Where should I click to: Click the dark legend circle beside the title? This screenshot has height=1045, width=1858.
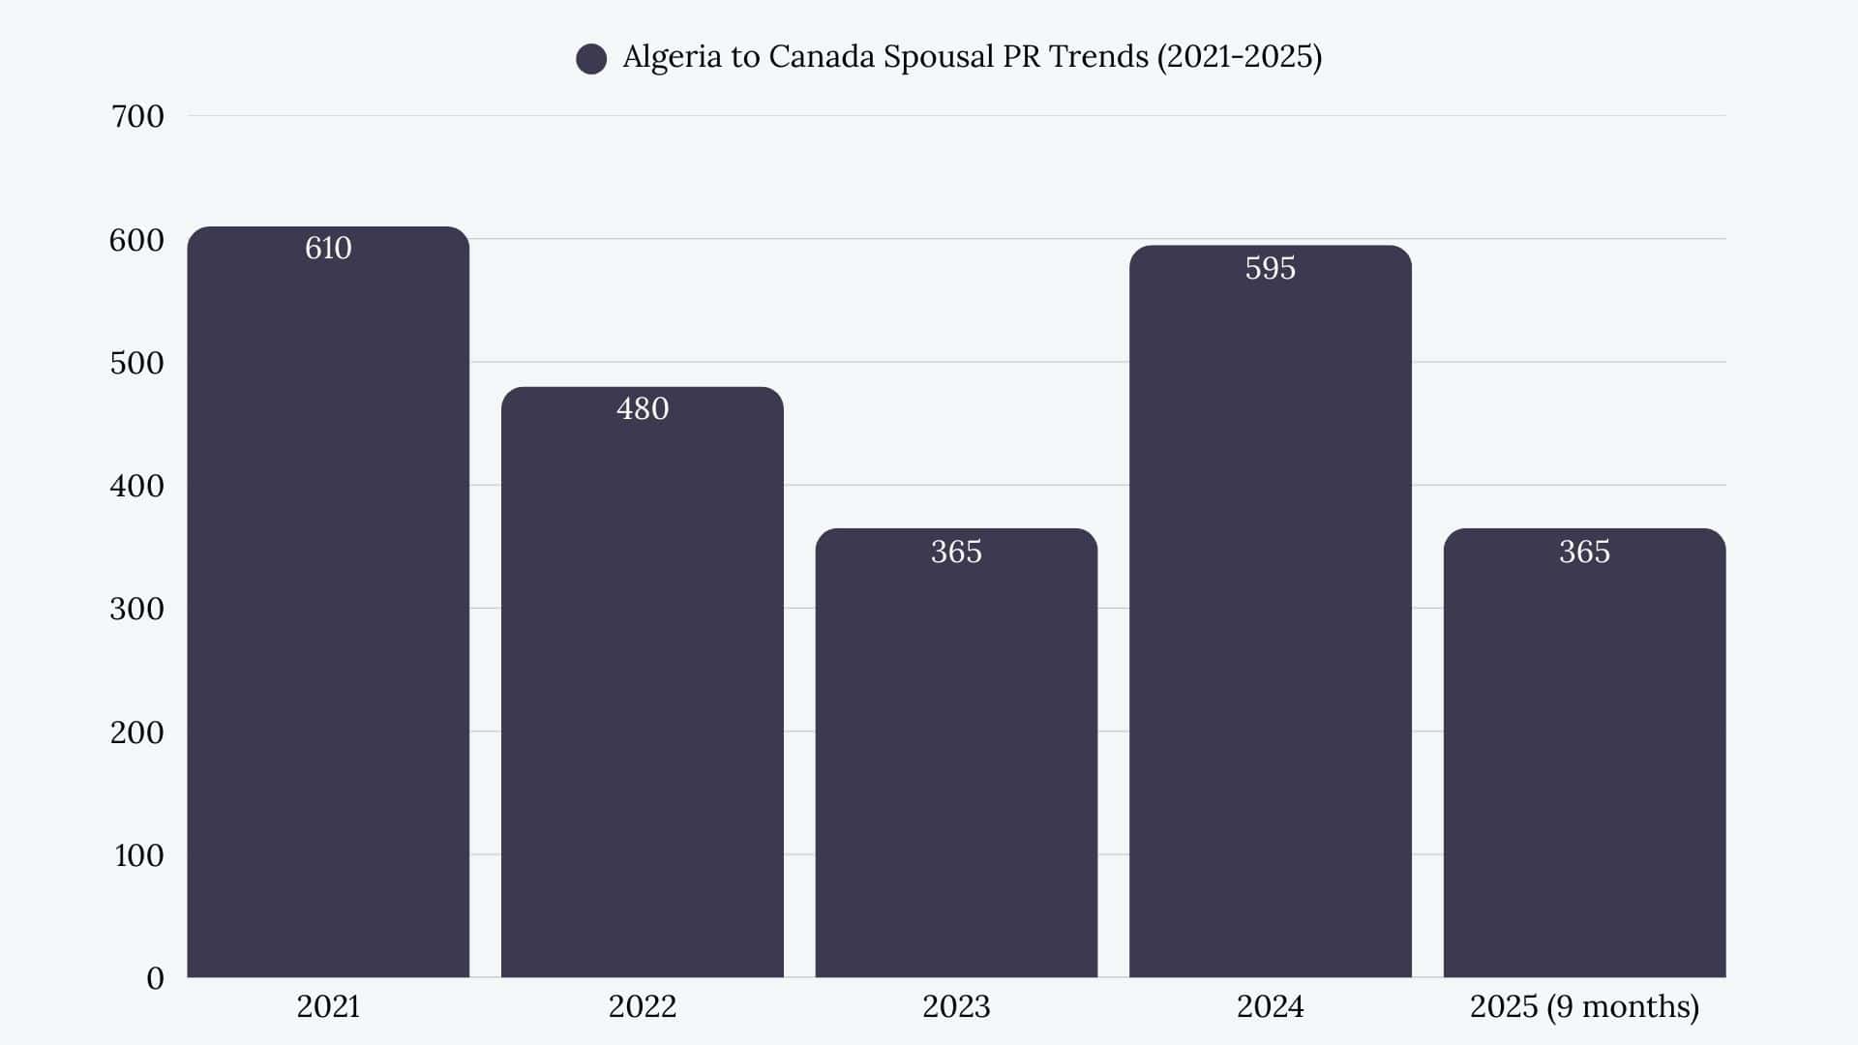pyautogui.click(x=591, y=59)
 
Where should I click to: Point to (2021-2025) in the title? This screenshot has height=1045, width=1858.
pyautogui.click(x=1240, y=57)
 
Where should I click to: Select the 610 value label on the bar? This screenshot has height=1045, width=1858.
pyautogui.click(x=328, y=249)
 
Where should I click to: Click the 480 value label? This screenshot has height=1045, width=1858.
pyautogui.click(x=643, y=409)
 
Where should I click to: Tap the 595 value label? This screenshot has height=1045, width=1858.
pyautogui.click(x=1270, y=268)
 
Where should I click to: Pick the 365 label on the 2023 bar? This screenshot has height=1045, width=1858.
pyautogui.click(x=956, y=552)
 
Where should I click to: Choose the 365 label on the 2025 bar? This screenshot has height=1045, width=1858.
pyautogui.click(x=1584, y=552)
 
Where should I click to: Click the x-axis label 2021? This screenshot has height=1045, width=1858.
pyautogui.click(x=328, y=1006)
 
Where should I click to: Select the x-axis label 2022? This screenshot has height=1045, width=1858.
pyautogui.click(x=643, y=1006)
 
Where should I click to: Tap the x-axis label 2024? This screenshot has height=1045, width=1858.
pyautogui.click(x=1270, y=1006)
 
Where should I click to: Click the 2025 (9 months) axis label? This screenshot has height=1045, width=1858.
pyautogui.click(x=1584, y=1006)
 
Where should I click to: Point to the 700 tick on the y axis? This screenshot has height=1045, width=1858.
pyautogui.click(x=137, y=116)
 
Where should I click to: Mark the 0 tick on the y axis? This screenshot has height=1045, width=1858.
pyautogui.click(x=155, y=978)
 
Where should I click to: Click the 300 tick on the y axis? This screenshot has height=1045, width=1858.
pyautogui.click(x=137, y=609)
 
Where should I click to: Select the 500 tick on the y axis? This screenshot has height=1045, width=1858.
pyautogui.click(x=137, y=363)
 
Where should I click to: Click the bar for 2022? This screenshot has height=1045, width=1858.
pyautogui.click(x=643, y=697)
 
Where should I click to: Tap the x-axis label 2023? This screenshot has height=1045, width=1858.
pyautogui.click(x=956, y=1006)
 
